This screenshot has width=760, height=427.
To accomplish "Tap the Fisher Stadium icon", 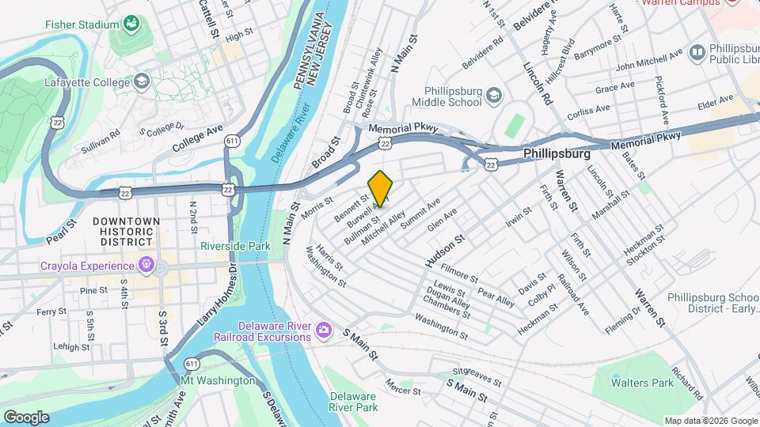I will coord(131,25).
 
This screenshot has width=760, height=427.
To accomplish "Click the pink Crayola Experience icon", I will coord(146,263).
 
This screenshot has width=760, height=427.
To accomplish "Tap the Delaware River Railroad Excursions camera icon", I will coord(323,329).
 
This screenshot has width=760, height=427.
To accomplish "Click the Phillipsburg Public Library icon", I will coord(697,53).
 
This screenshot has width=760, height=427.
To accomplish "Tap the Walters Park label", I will coord(641,383).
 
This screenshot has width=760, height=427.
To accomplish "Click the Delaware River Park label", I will coord(354,402).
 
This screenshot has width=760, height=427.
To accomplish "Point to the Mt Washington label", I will coord(218,380).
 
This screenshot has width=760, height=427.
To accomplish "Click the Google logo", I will coord(26,417).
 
